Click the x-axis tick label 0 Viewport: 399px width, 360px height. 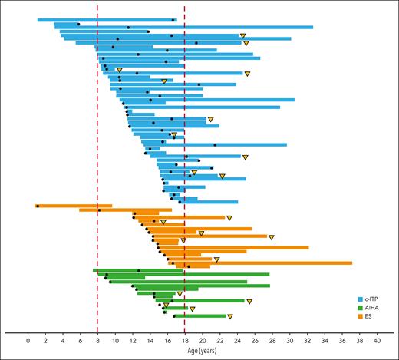pos(28,339)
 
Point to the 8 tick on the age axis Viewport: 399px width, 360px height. pos(97,339)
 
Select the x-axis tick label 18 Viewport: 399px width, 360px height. pos(185,339)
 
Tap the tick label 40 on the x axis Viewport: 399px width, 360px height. pos(377,339)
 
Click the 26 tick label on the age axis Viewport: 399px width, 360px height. pos(255,339)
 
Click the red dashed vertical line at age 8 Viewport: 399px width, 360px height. pos(97,154)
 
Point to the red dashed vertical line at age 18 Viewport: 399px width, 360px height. pos(185,154)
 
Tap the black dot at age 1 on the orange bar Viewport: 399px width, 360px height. pos(38,206)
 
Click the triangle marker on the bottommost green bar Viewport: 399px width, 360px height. pos(229,316)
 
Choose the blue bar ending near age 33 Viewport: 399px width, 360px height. pos(192,28)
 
